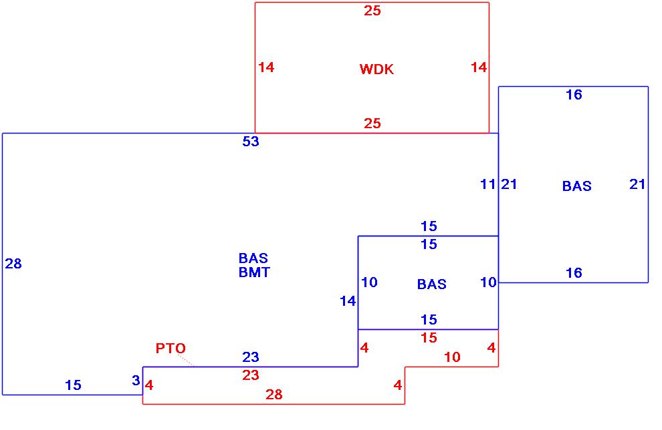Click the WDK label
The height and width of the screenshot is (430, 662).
coord(376,69)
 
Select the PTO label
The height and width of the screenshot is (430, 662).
coord(171,349)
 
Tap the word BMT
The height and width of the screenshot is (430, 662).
coord(254,272)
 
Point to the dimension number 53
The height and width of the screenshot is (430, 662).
coord(251,142)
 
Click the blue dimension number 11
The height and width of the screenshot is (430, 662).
coord(488,184)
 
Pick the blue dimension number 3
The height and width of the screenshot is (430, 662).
coord(136,381)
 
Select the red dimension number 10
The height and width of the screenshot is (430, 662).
coord(452,357)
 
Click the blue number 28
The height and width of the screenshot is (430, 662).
coord(13,264)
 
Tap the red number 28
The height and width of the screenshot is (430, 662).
coord(274,395)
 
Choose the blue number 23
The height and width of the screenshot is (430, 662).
coord(251,358)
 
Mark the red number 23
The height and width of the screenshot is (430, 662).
coord(251,375)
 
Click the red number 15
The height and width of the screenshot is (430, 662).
coord(429,338)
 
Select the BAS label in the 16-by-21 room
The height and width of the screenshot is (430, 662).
coord(576,186)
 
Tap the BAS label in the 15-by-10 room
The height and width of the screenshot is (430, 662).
coord(431,284)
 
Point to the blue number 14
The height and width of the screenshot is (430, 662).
coord(348,301)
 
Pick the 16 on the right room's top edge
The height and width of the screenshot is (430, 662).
coord(574,95)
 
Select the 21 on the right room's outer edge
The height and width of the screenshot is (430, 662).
coord(637,184)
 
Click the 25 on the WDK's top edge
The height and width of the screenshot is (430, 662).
coord(372,11)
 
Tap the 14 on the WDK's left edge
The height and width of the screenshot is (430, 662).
coord(266,67)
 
